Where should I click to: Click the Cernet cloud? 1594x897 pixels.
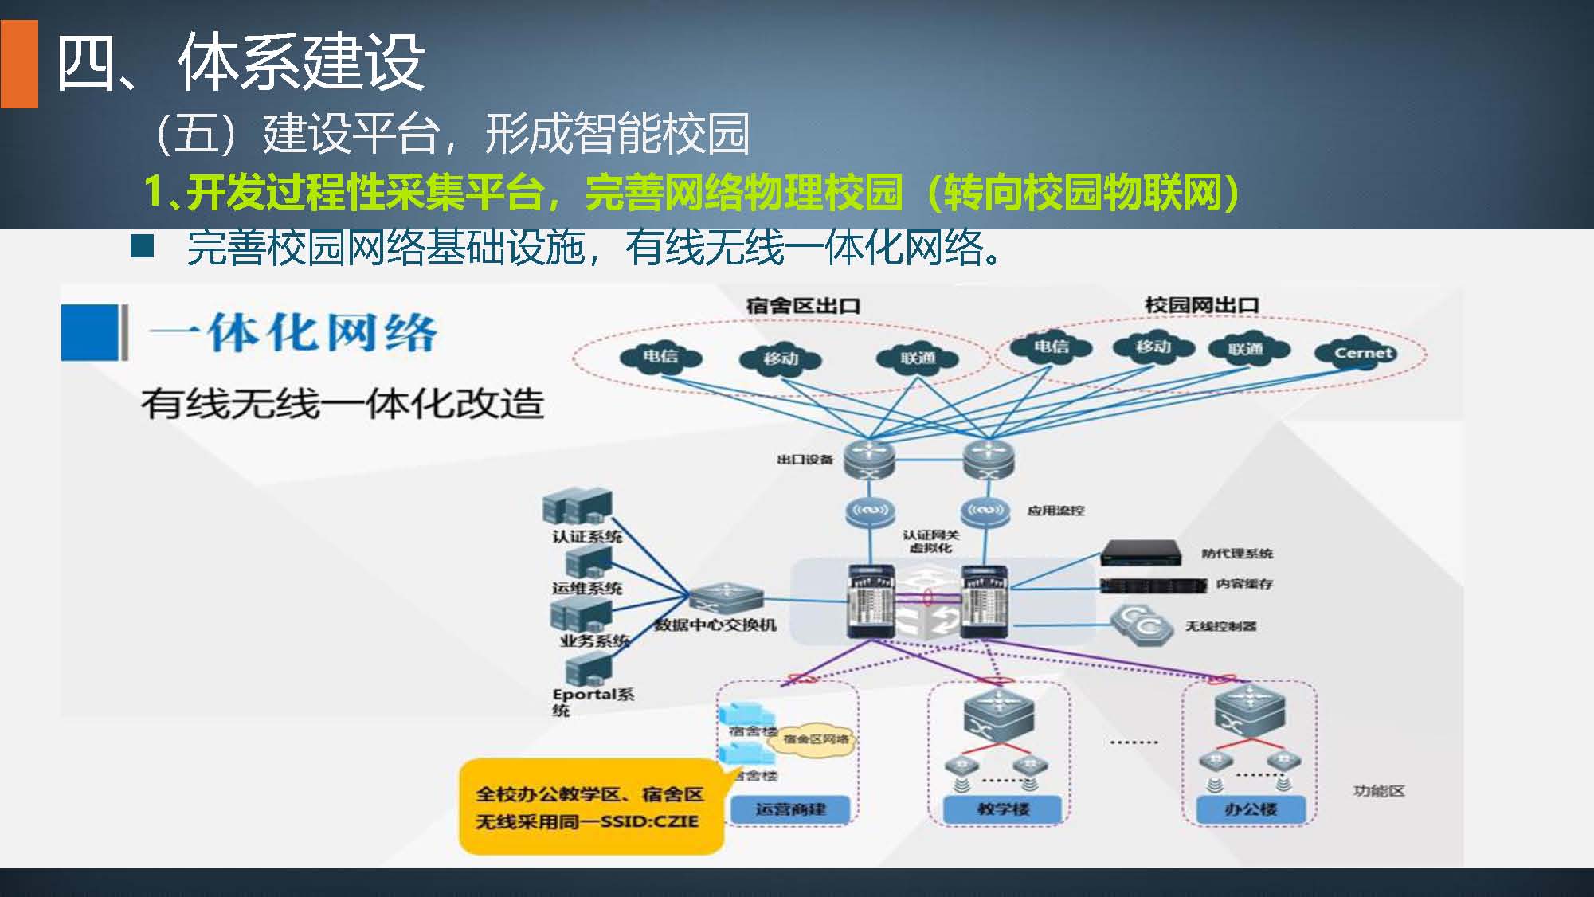pos(1363,353)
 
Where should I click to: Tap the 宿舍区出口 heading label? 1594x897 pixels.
pos(803,305)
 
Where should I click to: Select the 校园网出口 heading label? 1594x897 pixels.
pos(1201,305)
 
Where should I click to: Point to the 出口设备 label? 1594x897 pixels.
pos(805,460)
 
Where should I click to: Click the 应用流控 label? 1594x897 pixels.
pos(1055,511)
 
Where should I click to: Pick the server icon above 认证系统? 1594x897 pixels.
pos(578,507)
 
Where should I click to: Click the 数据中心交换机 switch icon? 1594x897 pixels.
pos(725,598)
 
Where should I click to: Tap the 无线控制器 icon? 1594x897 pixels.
pos(1142,625)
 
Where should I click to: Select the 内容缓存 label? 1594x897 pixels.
pos(1244,584)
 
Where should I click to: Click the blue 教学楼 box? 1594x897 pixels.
pos(1003,809)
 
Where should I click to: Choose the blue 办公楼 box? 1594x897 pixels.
pos(1251,809)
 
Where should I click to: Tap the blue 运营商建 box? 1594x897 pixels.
pos(790,809)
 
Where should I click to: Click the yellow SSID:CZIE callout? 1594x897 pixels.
pos(589,806)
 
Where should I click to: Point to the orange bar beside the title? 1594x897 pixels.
pos(19,64)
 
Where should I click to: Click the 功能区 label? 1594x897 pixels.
pos(1379,791)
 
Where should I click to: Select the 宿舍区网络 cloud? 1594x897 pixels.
pos(811,739)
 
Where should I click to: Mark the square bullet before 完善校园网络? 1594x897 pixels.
pos(142,247)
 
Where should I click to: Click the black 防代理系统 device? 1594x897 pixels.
pos(1141,551)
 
